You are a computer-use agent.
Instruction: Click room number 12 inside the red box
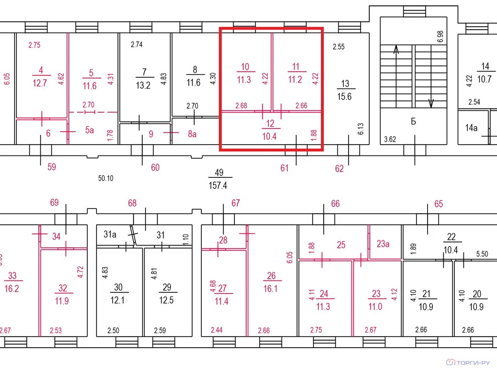(270, 123)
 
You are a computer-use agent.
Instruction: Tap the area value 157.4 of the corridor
(218, 185)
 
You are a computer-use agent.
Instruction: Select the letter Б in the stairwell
(414, 121)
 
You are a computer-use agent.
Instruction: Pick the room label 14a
(471, 128)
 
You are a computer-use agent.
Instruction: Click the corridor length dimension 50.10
(105, 178)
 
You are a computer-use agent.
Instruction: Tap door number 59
(51, 167)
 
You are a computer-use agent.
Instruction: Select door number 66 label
(335, 203)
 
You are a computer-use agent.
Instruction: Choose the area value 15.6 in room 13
(344, 97)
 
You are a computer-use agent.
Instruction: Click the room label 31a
(110, 235)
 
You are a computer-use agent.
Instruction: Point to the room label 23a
(383, 244)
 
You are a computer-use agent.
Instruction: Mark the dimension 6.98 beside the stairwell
(440, 37)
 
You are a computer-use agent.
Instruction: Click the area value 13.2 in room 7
(143, 85)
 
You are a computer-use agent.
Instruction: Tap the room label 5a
(89, 130)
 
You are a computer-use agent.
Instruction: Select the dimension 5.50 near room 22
(482, 254)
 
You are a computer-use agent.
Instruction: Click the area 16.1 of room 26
(270, 288)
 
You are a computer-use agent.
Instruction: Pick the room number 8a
(192, 134)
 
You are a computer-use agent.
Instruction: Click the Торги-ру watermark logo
(468, 362)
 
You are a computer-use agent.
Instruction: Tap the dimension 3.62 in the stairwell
(390, 139)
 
